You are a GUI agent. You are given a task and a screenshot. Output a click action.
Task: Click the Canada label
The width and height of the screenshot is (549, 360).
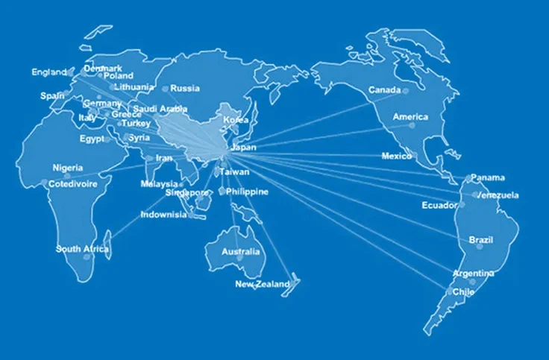tap(384, 91)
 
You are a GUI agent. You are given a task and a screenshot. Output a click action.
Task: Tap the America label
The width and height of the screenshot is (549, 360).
tap(410, 117)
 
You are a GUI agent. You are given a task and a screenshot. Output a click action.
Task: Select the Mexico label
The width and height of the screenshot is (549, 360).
tap(396, 157)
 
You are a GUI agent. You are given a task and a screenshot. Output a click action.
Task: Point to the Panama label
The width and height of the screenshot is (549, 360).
tap(489, 177)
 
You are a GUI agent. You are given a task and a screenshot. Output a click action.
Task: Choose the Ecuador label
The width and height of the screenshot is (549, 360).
tap(439, 205)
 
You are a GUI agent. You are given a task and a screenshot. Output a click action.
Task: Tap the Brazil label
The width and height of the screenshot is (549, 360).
tap(480, 239)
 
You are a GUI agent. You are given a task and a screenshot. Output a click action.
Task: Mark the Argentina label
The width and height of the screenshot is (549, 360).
tap(473, 274)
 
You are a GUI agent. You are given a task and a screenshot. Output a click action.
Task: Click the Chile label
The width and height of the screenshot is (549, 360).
tap(463, 292)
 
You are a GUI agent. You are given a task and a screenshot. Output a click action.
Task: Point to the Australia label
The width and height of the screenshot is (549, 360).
tap(240, 252)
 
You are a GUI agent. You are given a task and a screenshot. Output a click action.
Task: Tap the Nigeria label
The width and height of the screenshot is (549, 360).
tap(67, 168)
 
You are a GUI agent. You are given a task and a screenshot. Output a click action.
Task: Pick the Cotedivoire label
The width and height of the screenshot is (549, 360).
tap(73, 183)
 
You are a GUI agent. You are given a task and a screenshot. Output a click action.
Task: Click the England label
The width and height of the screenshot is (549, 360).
tap(48, 72)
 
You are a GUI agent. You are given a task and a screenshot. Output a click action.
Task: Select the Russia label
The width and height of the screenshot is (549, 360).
tap(184, 88)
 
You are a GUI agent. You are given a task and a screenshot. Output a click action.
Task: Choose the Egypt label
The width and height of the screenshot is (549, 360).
tap(92, 139)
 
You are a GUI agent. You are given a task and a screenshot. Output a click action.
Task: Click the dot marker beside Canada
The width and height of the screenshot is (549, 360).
tap(406, 91)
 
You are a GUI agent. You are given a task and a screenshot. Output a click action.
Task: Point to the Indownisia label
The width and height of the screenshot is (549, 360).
tap(163, 215)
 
